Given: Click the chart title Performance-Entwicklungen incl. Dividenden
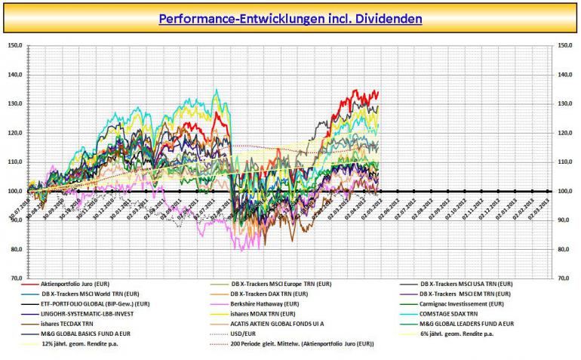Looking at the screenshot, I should click(x=290, y=17).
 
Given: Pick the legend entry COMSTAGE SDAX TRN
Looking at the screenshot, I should click(x=453, y=313).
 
